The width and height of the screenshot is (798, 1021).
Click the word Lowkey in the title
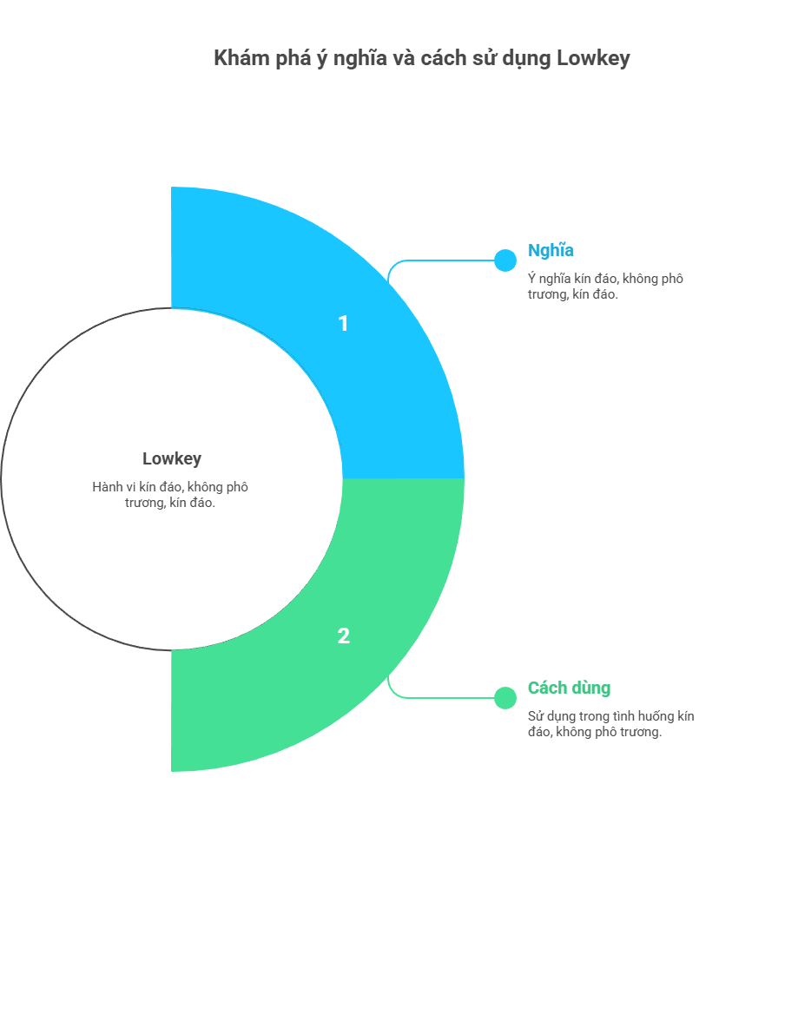click(593, 58)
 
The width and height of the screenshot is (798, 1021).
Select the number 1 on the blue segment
click(343, 324)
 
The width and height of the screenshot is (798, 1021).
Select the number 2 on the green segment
click(343, 636)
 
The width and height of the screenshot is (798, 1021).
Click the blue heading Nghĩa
click(551, 251)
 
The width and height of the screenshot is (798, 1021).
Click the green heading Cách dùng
click(569, 688)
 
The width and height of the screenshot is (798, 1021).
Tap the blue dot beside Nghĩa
click(505, 260)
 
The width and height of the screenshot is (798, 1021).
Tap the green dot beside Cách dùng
click(505, 698)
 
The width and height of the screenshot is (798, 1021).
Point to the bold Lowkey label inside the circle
click(172, 459)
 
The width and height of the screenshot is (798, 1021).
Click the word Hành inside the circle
click(107, 487)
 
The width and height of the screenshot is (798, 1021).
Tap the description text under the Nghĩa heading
click(605, 287)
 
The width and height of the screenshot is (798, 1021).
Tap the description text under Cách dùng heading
click(610, 724)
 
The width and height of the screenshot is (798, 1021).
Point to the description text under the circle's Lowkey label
click(170, 495)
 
